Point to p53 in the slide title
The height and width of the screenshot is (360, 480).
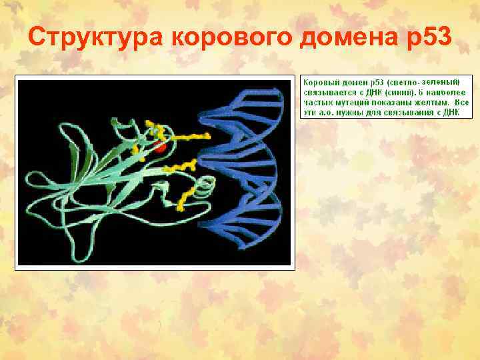[428, 39]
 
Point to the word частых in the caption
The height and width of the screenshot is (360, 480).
[317, 103]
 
